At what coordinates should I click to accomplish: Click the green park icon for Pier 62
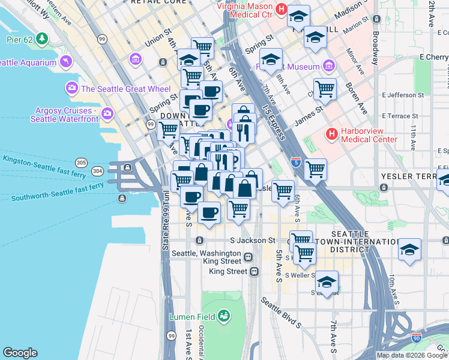point(41,40)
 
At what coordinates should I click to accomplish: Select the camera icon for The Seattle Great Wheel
point(72,89)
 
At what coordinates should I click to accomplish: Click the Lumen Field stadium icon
point(224,315)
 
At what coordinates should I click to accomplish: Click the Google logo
point(20,352)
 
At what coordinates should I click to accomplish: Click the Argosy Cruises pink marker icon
point(107,113)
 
